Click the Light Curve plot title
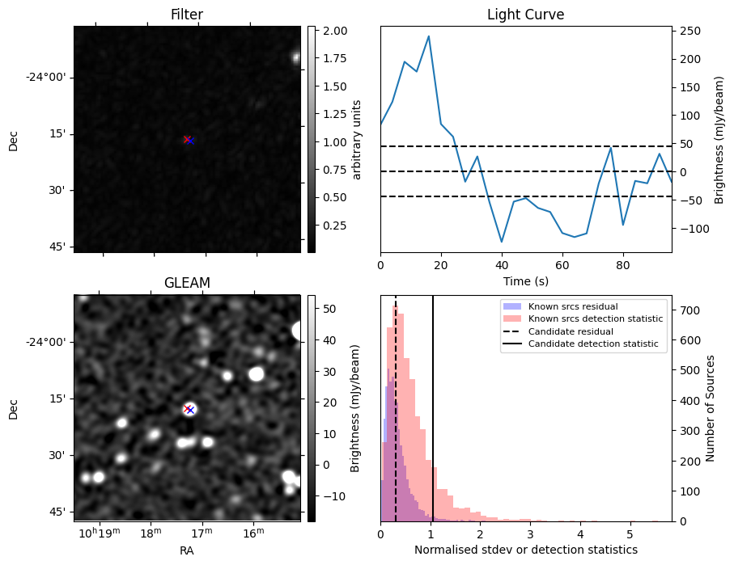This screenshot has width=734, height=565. coord(525,15)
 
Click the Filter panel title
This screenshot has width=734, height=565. coord(186,15)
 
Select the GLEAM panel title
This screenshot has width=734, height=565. coord(186,283)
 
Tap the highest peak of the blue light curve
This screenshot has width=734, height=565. coord(428,36)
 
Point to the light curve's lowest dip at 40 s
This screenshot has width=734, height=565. coord(502,242)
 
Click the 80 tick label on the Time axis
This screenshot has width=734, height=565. coord(623,264)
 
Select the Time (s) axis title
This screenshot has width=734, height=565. coord(525,280)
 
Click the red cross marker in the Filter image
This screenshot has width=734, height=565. coord(187,140)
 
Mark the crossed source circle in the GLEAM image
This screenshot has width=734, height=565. coord(189,409)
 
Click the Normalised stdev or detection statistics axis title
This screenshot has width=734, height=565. coord(525,550)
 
